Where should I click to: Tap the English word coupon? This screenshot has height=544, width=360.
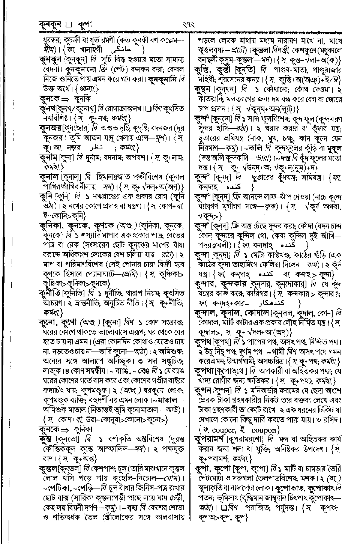point(264,430)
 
